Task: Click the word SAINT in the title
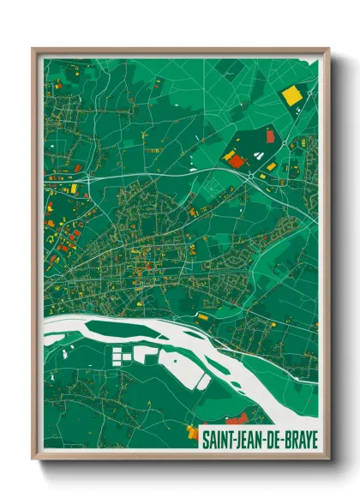pyautogui.click(x=218, y=441)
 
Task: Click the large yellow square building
pyautogui.click(x=292, y=95)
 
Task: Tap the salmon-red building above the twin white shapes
pyautogui.click(x=270, y=135)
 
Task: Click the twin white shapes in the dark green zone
pyautogui.click(x=256, y=156)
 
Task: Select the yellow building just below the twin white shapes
pyautogui.click(x=271, y=165)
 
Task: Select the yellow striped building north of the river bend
pyautogui.click(x=203, y=317)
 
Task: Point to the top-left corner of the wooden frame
pyautogui.click(x=33, y=49)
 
